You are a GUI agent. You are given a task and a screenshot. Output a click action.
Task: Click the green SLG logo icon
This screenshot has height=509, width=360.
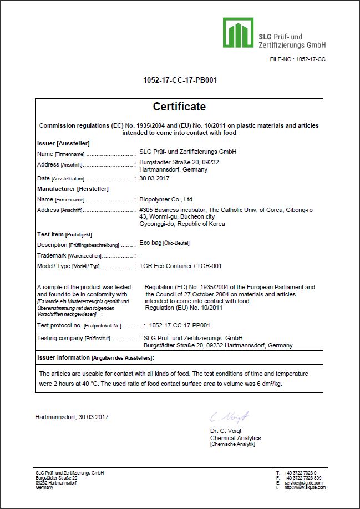[x=239, y=32]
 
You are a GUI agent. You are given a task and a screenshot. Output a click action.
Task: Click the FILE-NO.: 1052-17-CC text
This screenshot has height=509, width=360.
[x=297, y=59]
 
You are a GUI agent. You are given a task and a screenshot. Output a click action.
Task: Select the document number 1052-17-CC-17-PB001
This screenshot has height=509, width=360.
[x=180, y=80]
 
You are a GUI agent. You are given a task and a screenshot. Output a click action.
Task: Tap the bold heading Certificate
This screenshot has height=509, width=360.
[x=179, y=107]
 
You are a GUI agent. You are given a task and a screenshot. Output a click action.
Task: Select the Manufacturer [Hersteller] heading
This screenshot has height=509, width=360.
[x=73, y=189]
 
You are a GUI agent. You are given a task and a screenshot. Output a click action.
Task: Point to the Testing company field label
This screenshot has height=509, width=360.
[x=59, y=338]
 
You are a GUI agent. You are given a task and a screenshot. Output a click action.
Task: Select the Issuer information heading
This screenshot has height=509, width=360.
[x=63, y=357]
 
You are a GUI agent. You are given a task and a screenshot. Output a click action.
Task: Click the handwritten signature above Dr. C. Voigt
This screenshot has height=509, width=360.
[x=229, y=416]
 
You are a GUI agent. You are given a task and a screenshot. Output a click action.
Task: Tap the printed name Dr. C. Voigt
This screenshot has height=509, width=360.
[x=226, y=431]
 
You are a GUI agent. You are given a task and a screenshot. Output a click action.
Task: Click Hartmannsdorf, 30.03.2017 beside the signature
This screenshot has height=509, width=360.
[x=72, y=416]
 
